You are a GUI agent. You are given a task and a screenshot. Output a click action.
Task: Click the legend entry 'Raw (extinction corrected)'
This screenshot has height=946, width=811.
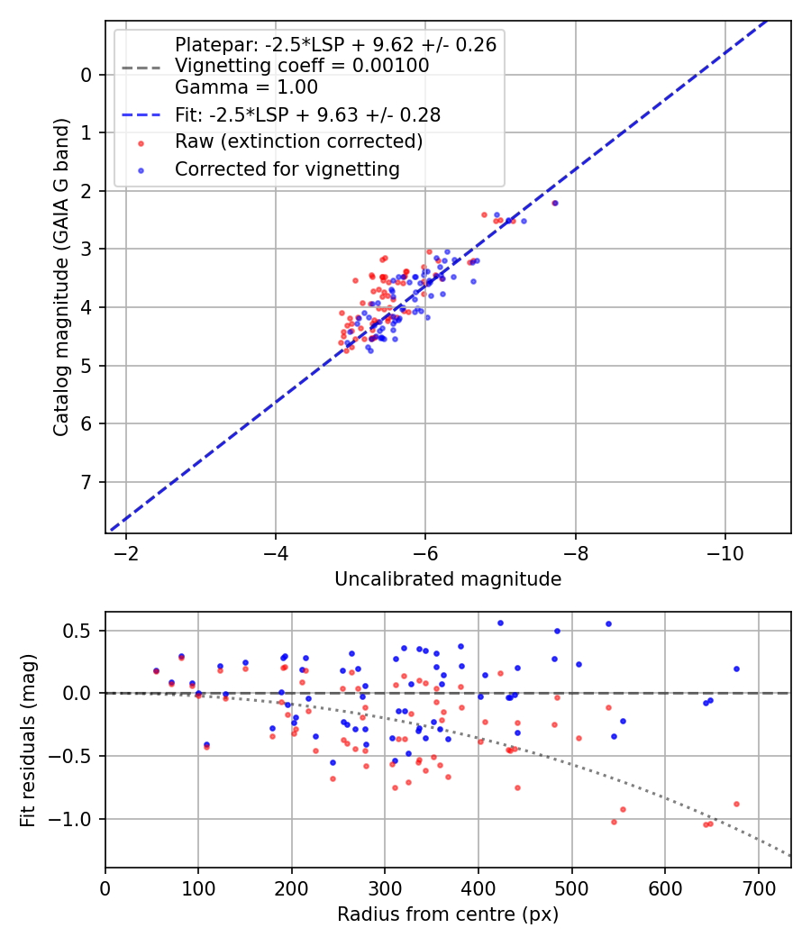298,141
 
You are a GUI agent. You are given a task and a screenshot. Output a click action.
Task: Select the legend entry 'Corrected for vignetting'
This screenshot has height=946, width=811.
287,168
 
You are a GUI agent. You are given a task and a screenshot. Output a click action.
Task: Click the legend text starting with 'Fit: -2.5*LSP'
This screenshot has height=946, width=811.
307,115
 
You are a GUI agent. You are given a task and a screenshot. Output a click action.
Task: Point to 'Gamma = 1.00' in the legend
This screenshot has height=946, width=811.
246,87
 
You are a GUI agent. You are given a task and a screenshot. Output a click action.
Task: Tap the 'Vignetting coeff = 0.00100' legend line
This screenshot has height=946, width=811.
302,66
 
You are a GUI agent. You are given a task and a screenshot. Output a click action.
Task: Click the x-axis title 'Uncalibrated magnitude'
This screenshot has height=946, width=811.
448,579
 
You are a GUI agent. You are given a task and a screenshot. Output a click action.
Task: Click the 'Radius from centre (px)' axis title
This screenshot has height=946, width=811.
448,914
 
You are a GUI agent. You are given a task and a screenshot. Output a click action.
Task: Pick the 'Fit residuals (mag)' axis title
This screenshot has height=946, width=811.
28,740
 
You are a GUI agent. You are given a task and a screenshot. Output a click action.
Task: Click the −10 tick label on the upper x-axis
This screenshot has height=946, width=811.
724,551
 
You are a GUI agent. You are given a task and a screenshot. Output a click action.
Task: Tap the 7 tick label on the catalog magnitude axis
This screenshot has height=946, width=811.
87,482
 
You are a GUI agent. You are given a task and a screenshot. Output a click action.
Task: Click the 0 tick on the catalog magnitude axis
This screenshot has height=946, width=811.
87,75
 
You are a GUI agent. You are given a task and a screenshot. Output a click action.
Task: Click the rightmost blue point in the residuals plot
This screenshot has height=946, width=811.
736,669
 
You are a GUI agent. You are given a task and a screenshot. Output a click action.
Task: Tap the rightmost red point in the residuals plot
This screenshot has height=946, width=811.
736,804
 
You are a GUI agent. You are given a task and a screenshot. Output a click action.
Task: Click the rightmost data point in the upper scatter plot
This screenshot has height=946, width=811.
555,203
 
